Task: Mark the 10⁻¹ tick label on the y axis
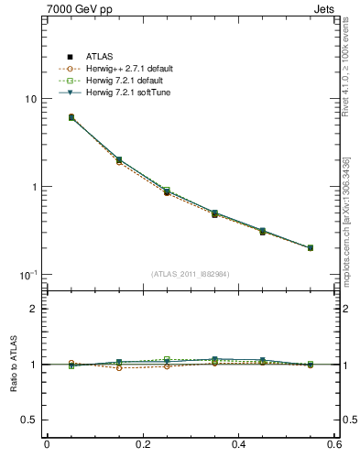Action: pyautogui.click(x=27, y=275)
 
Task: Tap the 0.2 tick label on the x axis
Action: pyautogui.click(x=142, y=444)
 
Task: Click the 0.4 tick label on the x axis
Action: pyautogui.click(x=239, y=444)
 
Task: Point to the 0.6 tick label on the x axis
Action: pyautogui.click(x=333, y=444)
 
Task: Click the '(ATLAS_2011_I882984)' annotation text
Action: pyautogui.click(x=191, y=274)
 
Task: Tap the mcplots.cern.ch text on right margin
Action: pyautogui.click(x=352, y=220)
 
